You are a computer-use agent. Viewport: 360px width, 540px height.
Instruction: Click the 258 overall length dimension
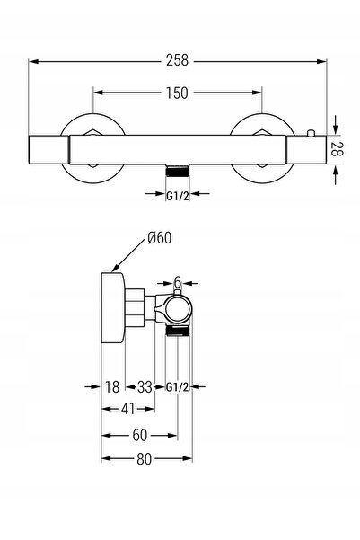[x=177, y=60]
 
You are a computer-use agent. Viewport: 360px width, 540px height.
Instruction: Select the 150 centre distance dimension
[x=177, y=93]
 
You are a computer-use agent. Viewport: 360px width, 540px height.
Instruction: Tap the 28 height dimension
[x=337, y=149]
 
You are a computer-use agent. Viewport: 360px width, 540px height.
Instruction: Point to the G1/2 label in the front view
[x=178, y=196]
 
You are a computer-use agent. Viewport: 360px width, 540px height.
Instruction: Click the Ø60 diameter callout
[x=159, y=238]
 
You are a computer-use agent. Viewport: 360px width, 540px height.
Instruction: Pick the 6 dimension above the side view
[x=177, y=282]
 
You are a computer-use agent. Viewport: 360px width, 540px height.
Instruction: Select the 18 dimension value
[x=112, y=386]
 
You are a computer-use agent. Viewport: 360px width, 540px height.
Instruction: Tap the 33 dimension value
[x=145, y=386]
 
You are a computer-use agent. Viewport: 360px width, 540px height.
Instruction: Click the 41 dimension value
[x=128, y=409]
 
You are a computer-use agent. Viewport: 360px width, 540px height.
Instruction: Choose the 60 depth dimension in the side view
[x=140, y=435]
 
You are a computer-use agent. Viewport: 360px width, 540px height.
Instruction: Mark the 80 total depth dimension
[x=144, y=459]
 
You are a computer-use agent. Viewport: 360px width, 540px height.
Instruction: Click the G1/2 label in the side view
[x=178, y=387]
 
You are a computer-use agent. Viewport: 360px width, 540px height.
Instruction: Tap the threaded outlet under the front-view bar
[x=178, y=171]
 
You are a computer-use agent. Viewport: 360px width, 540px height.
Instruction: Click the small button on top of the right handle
[x=311, y=133]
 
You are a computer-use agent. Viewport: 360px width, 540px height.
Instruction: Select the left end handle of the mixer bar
[x=48, y=149]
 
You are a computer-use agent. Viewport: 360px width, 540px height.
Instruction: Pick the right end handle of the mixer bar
[x=306, y=149]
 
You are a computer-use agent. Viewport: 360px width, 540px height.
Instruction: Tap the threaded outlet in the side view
[x=177, y=331]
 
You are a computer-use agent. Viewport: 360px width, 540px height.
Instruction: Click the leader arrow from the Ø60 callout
[x=128, y=255]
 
